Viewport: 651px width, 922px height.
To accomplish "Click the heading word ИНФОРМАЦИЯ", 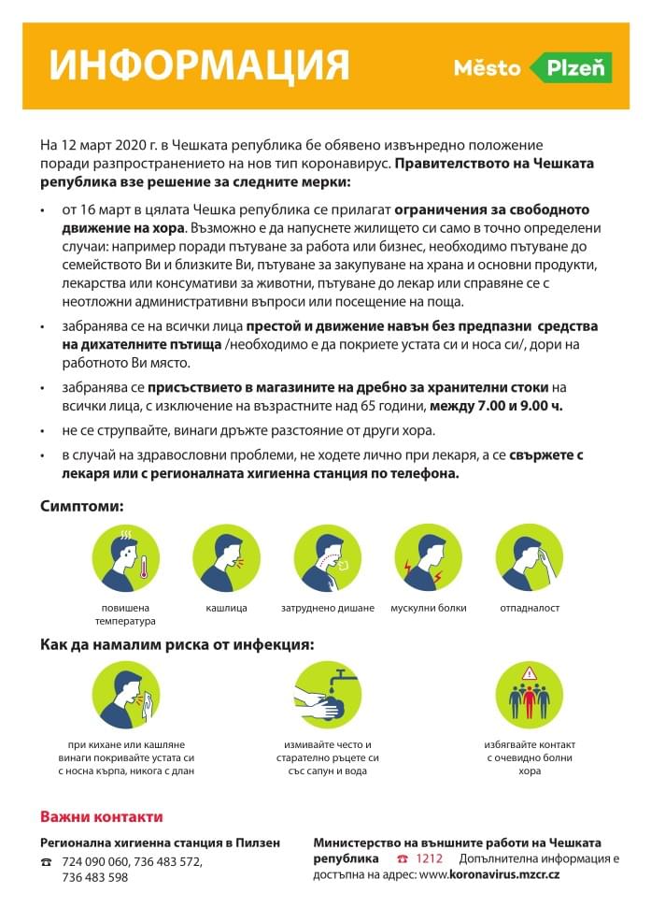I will [199, 65].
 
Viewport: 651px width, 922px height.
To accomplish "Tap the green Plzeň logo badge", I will [571, 67].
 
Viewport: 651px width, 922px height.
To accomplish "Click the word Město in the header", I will [488, 67].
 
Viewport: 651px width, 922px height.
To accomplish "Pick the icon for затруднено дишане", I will [327, 557].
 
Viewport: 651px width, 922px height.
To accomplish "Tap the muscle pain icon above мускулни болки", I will [428, 557].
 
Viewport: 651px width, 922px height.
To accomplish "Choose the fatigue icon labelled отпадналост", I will [529, 557].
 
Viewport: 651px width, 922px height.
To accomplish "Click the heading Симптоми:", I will [82, 506].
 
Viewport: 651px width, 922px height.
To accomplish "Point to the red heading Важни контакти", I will [101, 816].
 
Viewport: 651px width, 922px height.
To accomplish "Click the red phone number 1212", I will [430, 858].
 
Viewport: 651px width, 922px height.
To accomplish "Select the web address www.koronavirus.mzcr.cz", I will [489, 875].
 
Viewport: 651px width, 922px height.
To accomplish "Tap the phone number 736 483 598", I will [94, 877].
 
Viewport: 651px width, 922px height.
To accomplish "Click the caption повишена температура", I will [125, 614].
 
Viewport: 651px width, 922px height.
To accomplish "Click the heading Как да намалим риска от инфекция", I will [177, 644].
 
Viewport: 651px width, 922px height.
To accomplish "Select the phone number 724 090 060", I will [94, 860].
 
